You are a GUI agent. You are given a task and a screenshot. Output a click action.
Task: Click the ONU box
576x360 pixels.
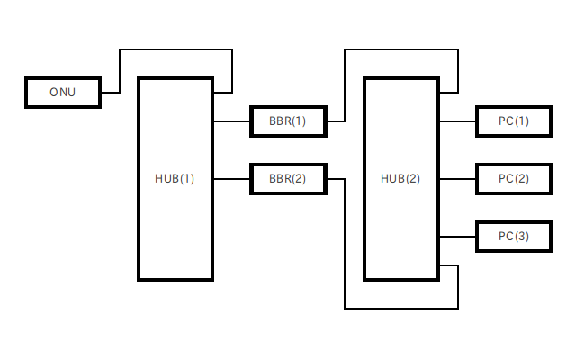click(x=62, y=93)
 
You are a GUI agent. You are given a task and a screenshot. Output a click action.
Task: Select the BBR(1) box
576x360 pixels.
click(x=288, y=121)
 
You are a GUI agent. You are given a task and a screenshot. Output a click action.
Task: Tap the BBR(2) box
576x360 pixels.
click(x=288, y=178)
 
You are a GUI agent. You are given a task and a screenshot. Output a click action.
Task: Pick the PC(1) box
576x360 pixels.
click(x=514, y=121)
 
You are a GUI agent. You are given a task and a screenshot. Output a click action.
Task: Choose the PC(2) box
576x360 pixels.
click(x=514, y=178)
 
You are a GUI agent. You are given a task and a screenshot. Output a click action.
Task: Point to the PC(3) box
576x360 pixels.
click(x=514, y=236)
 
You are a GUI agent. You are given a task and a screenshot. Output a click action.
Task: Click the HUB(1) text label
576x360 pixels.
click(x=175, y=178)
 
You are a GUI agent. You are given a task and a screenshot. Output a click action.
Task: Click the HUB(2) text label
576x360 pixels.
click(x=400, y=178)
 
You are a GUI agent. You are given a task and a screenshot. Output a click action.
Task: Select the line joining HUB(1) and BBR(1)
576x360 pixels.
click(x=231, y=121)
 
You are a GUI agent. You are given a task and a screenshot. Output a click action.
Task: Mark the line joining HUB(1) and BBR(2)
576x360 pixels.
click(x=231, y=178)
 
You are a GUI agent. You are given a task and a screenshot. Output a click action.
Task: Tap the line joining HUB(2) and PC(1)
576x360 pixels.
click(x=457, y=121)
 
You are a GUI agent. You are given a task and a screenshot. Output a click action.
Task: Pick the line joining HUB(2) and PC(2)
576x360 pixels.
click(x=457, y=178)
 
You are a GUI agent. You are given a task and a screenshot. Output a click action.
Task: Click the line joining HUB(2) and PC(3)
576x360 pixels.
click(x=457, y=236)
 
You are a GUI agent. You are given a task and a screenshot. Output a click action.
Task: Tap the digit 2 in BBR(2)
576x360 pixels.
click(x=299, y=178)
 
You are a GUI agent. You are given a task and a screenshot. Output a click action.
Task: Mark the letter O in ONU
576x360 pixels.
click(x=53, y=93)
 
